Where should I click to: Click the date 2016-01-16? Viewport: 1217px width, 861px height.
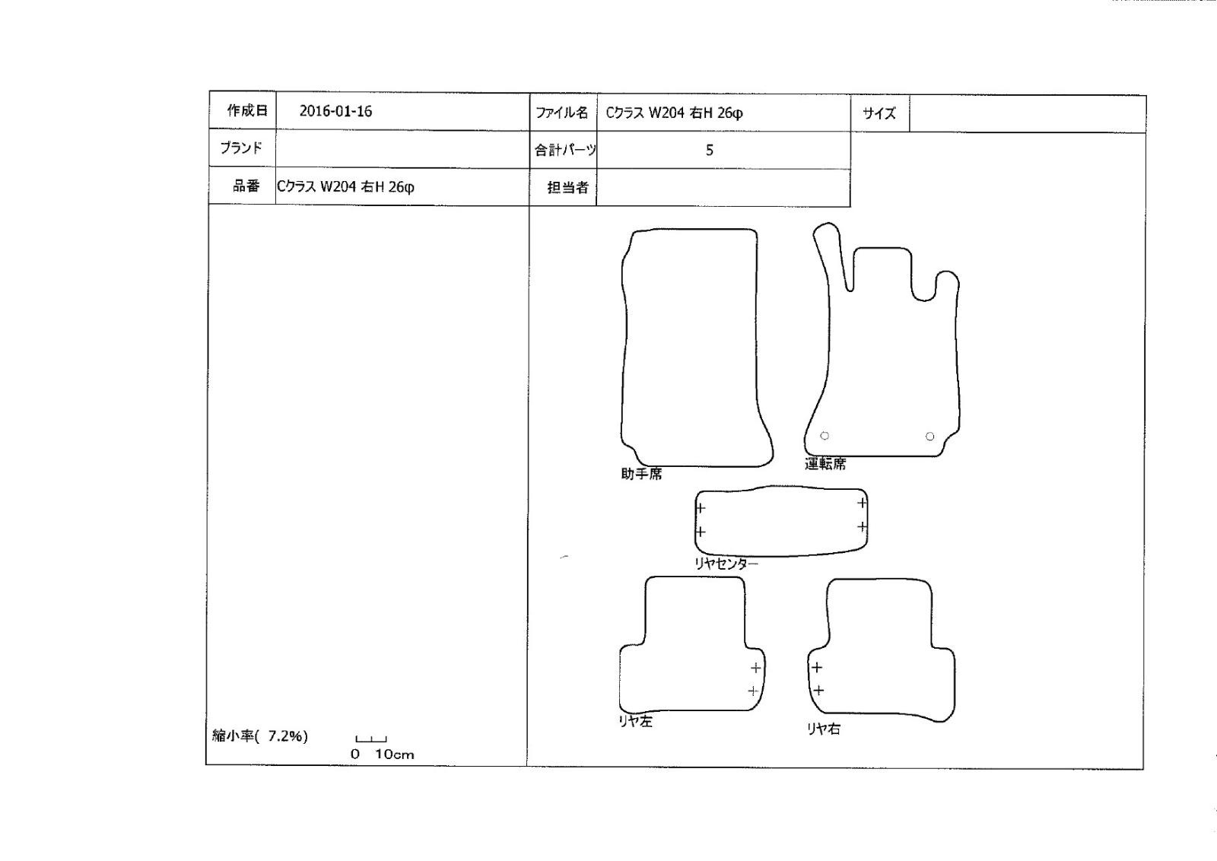click(335, 111)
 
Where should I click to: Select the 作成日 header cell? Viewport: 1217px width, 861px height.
click(243, 110)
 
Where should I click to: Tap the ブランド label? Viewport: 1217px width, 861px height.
click(241, 148)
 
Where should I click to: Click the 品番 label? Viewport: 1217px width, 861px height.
click(246, 186)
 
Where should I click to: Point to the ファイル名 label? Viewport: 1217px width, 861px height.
click(562, 113)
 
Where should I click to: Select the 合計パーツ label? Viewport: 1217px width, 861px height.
click(565, 150)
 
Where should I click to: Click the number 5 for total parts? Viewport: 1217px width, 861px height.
click(710, 150)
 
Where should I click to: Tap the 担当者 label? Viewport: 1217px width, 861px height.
click(567, 187)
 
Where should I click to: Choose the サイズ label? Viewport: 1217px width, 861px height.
click(879, 113)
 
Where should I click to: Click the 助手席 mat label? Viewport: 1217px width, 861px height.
click(641, 474)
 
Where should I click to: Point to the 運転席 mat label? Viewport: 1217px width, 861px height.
click(825, 463)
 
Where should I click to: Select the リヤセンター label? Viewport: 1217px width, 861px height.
click(726, 564)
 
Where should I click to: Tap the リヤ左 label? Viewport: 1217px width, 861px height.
click(635, 721)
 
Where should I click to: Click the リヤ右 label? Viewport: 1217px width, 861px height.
click(824, 729)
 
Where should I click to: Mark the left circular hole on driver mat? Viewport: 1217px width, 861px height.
click(825, 436)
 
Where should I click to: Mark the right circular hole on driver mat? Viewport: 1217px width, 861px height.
click(930, 436)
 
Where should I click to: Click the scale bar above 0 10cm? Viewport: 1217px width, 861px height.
click(371, 739)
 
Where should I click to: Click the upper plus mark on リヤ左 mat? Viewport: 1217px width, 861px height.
click(756, 668)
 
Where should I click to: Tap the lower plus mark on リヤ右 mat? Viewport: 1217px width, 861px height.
click(818, 691)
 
